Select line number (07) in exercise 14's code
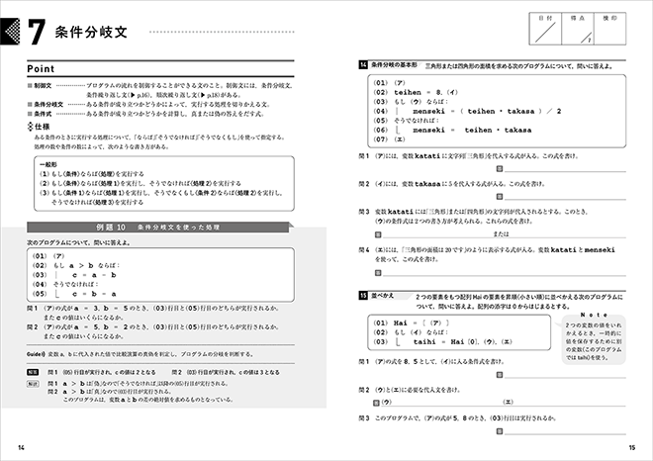[381, 140]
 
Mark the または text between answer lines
[503, 233]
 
